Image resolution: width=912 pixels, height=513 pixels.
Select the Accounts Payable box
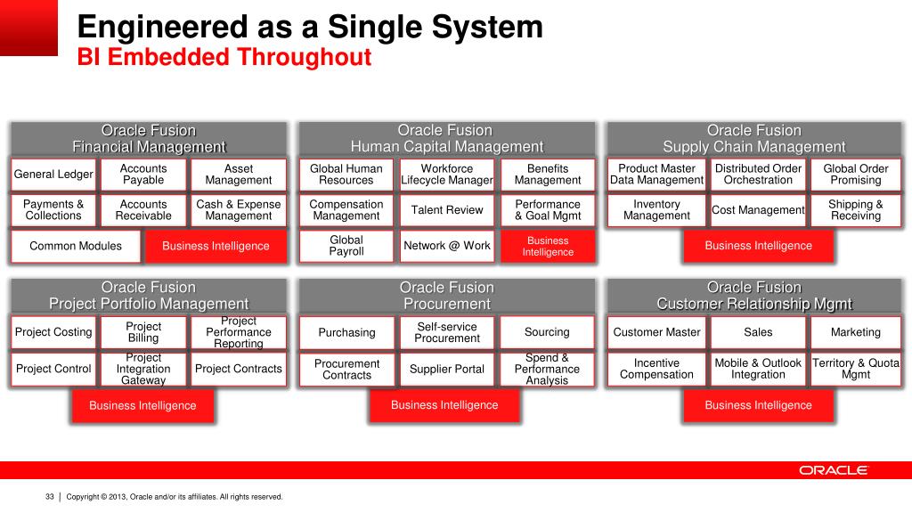[x=143, y=175]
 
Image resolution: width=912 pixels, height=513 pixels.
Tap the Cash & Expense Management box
[x=239, y=210]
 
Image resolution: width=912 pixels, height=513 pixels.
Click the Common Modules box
[x=76, y=246]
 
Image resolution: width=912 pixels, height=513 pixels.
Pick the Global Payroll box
[x=346, y=246]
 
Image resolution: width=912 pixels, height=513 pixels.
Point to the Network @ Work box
[x=447, y=246]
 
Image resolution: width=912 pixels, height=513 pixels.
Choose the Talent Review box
[x=447, y=210]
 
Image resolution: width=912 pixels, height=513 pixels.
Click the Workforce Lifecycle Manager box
[x=447, y=175]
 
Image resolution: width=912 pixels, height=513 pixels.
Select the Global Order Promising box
[x=855, y=175]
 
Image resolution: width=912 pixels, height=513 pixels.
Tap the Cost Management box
[x=758, y=210]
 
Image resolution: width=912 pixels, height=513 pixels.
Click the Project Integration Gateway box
[x=143, y=369]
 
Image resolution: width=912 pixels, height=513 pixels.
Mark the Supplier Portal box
[x=447, y=369]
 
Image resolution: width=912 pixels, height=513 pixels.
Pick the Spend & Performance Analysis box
[x=547, y=369]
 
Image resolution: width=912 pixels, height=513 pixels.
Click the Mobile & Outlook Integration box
[x=758, y=369]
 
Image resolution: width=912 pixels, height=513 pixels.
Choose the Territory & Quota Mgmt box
[x=855, y=369]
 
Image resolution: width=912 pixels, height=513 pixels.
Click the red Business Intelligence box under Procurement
[x=444, y=405]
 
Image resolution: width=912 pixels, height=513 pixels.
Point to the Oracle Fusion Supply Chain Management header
[x=753, y=139]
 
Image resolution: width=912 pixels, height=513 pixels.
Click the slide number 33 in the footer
[x=50, y=497]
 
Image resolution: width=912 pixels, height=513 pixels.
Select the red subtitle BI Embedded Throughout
[x=224, y=58]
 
